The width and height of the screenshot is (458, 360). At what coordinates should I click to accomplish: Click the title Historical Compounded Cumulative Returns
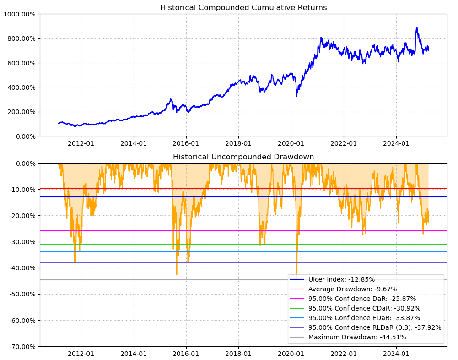point(243,8)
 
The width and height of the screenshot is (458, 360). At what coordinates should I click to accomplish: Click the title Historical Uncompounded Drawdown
point(243,157)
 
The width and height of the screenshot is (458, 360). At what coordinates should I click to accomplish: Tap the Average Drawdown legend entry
point(352,289)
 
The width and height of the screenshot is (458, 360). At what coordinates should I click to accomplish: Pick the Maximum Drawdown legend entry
point(357,337)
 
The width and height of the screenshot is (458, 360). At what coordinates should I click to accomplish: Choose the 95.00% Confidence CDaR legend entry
point(364,308)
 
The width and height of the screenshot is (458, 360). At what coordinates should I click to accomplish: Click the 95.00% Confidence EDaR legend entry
point(364,318)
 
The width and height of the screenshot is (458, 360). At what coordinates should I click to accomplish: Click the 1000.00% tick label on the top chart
point(19,14)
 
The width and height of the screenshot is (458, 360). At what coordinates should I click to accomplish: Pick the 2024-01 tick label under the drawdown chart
point(396,354)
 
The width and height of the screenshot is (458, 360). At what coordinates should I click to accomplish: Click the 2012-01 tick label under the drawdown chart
point(81,354)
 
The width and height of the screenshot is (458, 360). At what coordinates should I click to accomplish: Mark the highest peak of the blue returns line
point(417,28)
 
